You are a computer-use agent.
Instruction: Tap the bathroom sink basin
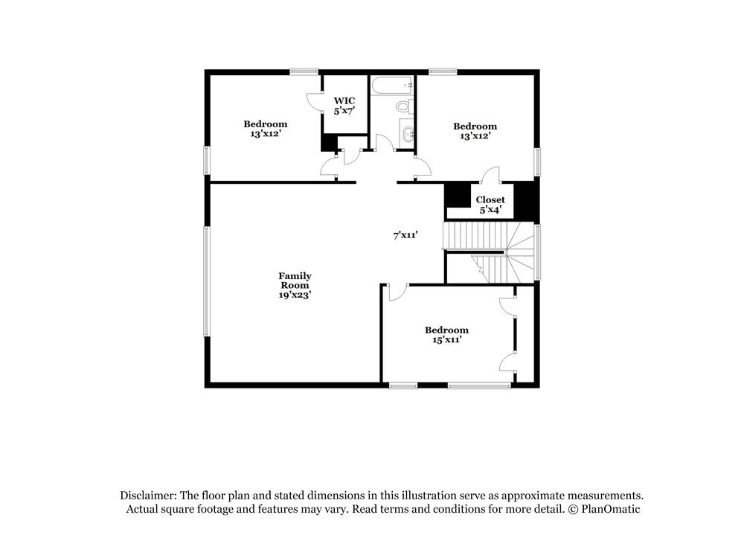406,134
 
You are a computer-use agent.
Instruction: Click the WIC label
344,100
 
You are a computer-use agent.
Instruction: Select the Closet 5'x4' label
490,199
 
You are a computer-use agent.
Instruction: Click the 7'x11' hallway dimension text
405,235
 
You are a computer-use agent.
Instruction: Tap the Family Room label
295,281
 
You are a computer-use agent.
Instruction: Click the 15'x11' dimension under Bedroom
446,340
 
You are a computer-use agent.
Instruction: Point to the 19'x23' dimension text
295,295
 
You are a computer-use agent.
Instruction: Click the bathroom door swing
384,143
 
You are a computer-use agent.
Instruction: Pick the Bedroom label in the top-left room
266,124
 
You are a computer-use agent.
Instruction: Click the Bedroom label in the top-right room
475,127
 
